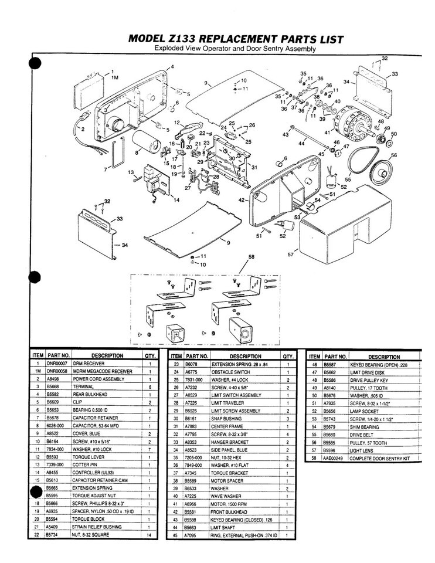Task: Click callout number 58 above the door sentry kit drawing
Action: [x=252, y=257]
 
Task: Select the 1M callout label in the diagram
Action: [x=115, y=77]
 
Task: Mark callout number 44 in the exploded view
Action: [x=301, y=143]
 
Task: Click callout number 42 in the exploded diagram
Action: [x=241, y=201]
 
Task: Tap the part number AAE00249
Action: [x=335, y=457]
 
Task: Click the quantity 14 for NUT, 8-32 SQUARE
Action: [x=149, y=534]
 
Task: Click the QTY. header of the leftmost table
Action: [x=149, y=355]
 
